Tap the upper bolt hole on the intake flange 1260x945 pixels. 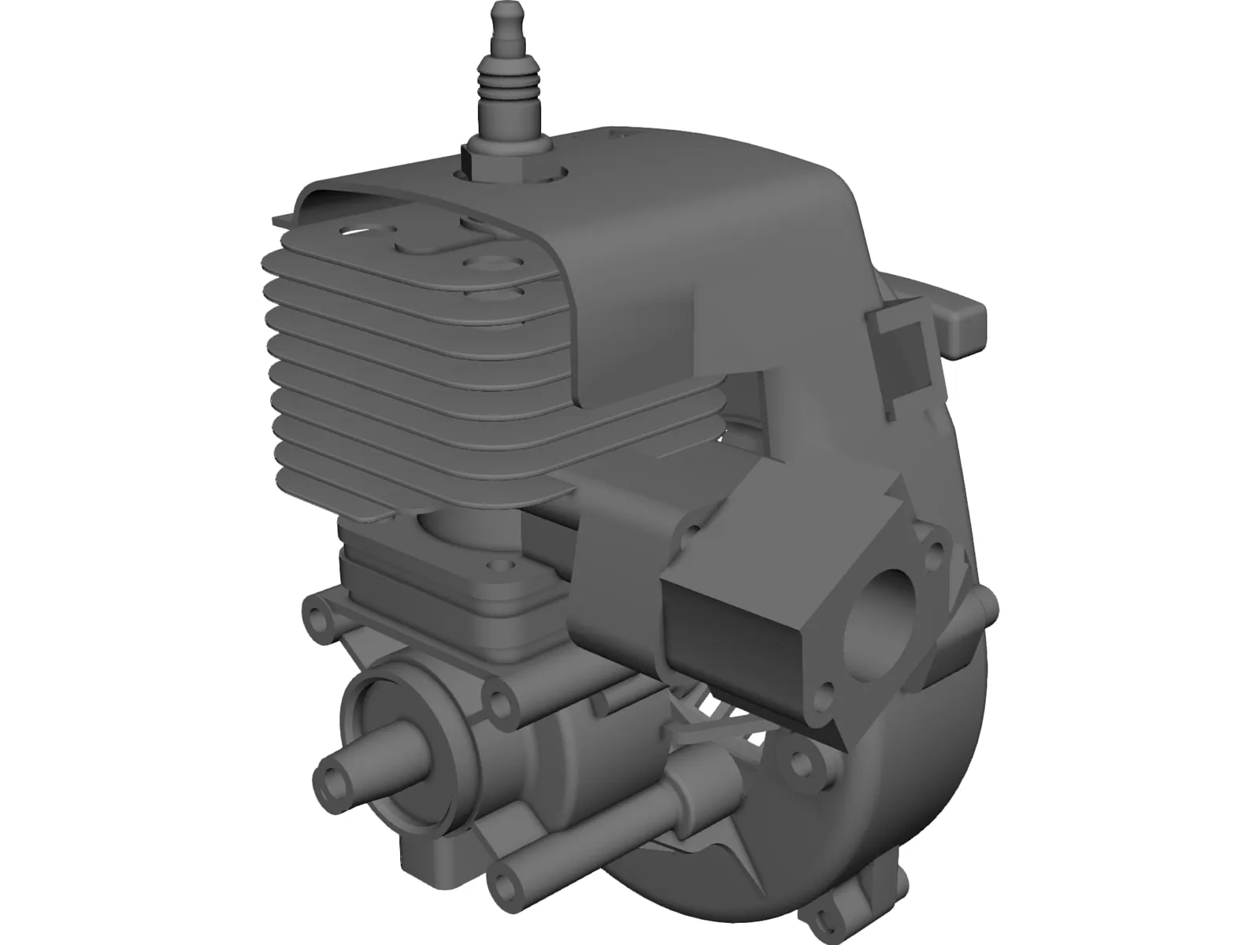[936, 549]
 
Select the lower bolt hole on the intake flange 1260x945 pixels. [825, 693]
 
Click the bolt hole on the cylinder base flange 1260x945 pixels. [498, 565]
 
